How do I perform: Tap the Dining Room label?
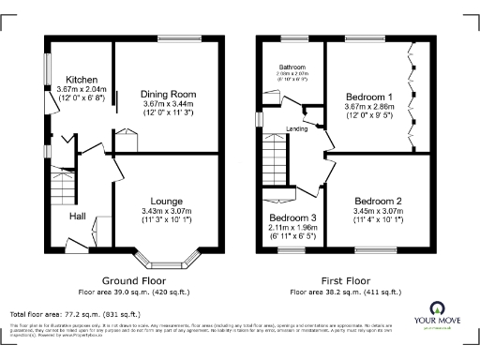tap(168, 95)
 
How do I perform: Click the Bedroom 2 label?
tap(378, 202)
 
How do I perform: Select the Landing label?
tap(299, 129)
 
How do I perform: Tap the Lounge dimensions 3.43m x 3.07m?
tap(164, 212)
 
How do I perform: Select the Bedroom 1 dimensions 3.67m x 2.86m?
tap(367, 109)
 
